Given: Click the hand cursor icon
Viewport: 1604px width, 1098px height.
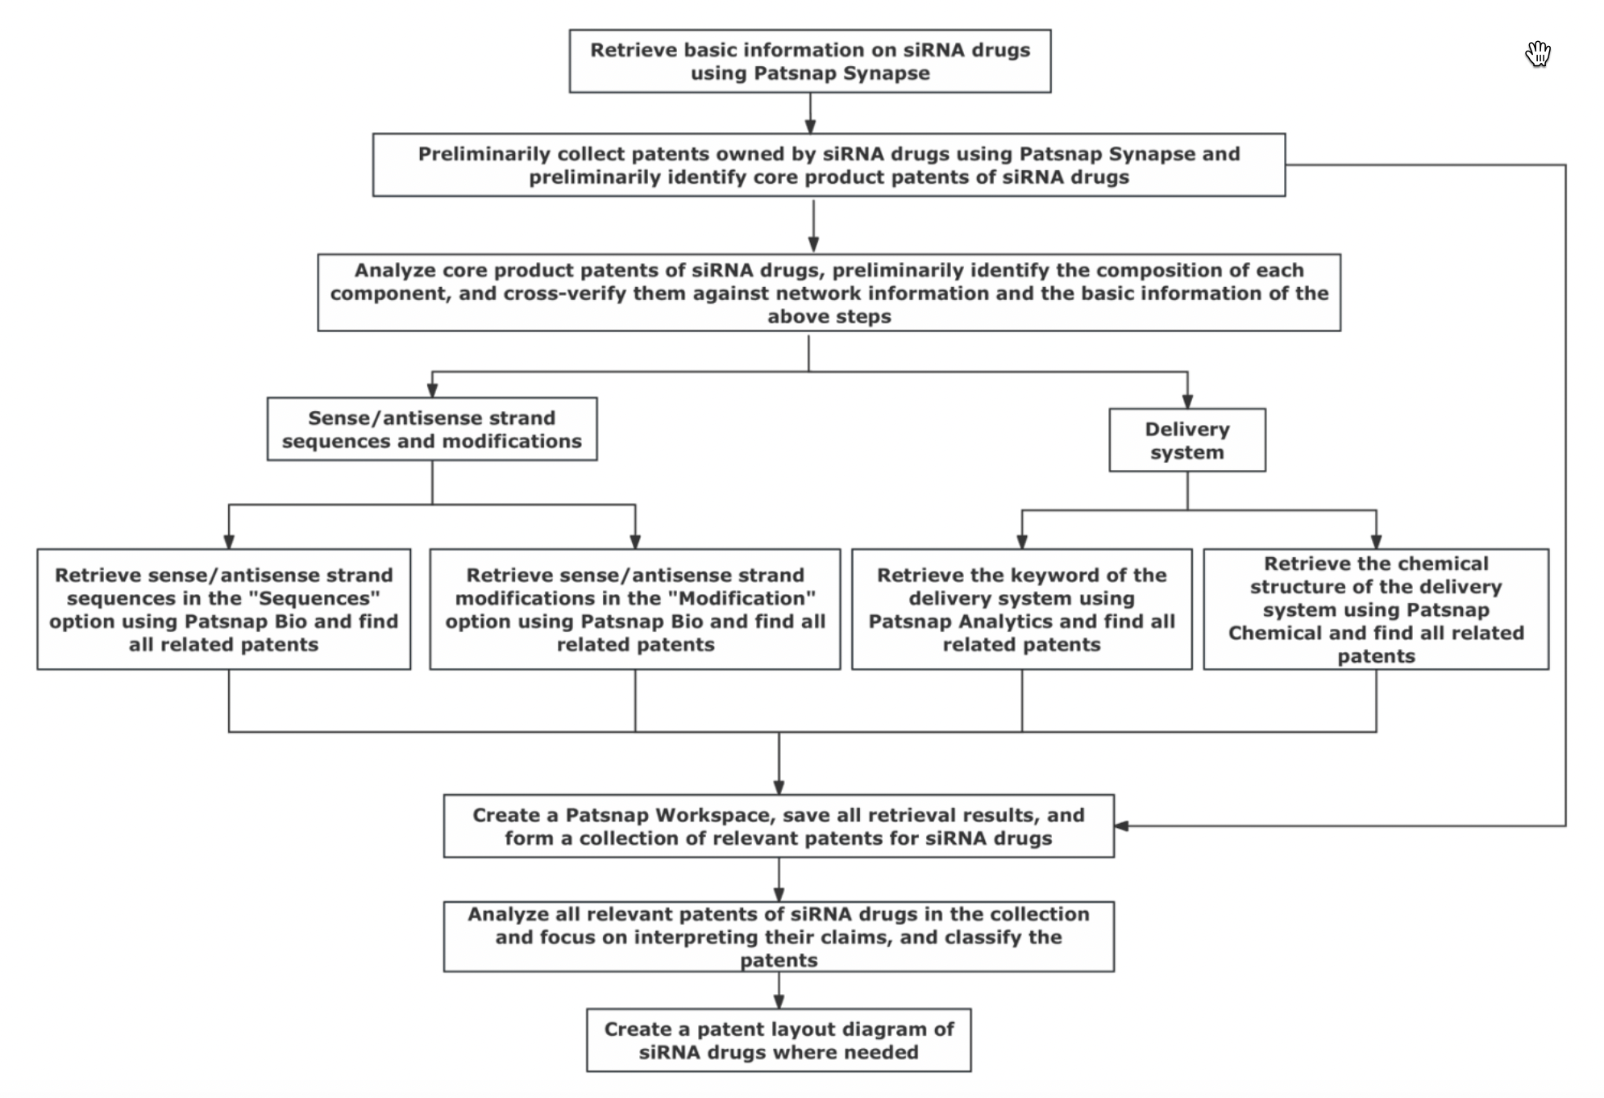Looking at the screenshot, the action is tap(1538, 54).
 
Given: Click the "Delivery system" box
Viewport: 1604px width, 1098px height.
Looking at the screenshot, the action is tap(1186, 440).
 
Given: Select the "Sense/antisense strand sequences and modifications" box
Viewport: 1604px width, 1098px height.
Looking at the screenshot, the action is tap(432, 429).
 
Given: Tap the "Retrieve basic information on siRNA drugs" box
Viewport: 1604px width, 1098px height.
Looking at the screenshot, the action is tap(810, 61).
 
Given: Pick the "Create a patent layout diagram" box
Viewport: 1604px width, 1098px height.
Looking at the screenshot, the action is tap(779, 1040).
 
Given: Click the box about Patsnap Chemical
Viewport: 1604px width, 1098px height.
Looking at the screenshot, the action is tap(1376, 609).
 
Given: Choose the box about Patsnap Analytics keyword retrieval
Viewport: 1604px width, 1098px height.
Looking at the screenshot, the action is tap(1021, 609).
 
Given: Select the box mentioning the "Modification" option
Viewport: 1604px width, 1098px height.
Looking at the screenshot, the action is tap(635, 609).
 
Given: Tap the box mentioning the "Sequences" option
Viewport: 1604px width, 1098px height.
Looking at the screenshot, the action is tap(223, 609).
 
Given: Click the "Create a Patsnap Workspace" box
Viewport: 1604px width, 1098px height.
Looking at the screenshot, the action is tap(779, 826).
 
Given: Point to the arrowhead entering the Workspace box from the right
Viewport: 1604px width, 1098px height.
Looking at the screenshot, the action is tap(1121, 826).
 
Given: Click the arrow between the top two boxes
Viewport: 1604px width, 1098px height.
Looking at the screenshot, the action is tap(810, 113).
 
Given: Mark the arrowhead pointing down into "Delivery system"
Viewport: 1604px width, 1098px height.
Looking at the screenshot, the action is tap(1187, 401).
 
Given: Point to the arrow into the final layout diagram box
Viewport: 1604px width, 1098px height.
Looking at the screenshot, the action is tap(779, 990).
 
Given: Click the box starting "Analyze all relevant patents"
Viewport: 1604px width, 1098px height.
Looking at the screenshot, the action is tap(779, 937).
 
